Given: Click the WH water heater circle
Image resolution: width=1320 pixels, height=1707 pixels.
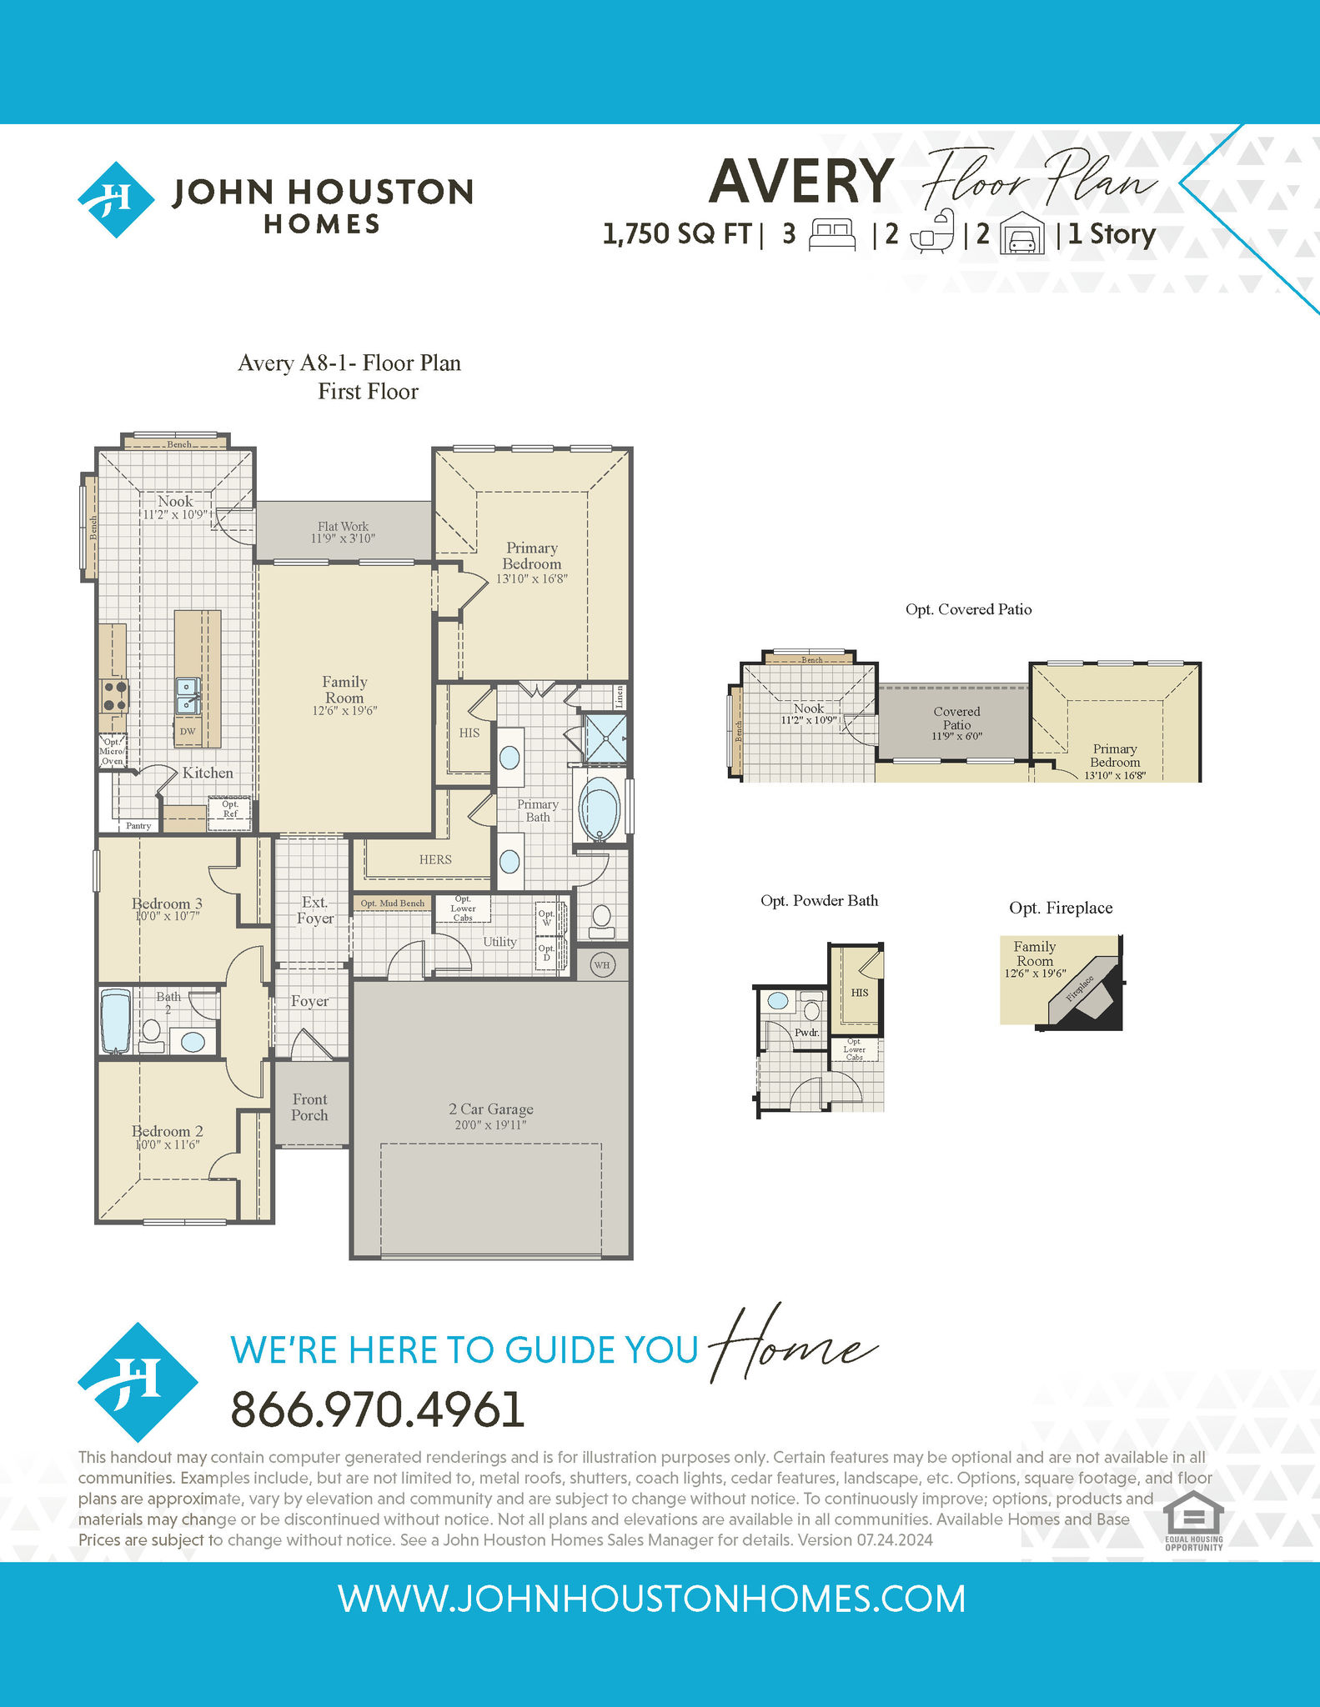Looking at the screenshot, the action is [x=602, y=965].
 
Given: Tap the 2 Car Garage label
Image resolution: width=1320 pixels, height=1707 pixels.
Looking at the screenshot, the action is [x=491, y=1109].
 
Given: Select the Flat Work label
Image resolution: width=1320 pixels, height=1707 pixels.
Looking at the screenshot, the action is [x=343, y=527].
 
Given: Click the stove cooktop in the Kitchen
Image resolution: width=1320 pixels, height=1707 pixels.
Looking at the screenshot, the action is [x=114, y=696].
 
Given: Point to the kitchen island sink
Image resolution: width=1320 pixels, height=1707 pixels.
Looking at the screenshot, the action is [x=188, y=696].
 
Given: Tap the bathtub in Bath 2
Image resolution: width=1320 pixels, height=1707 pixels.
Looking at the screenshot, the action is [x=116, y=1021].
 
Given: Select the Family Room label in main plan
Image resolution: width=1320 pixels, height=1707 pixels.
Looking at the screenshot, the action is [x=344, y=689].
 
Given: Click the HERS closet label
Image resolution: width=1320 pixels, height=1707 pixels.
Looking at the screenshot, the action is [x=435, y=859].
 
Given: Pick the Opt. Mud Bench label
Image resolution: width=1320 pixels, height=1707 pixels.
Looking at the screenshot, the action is [x=392, y=904].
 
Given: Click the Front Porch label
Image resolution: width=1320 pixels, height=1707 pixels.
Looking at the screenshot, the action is [x=309, y=1107].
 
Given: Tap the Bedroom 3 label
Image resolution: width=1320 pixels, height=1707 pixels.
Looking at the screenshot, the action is [x=167, y=904].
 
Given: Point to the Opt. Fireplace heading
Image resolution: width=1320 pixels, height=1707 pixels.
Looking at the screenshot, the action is [x=1061, y=908].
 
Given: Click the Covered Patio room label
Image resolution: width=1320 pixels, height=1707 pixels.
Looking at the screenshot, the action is [x=956, y=718].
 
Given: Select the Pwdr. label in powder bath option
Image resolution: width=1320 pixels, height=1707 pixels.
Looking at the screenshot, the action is [x=806, y=1033].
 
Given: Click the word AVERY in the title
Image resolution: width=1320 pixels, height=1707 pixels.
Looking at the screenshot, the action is [x=801, y=181].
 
